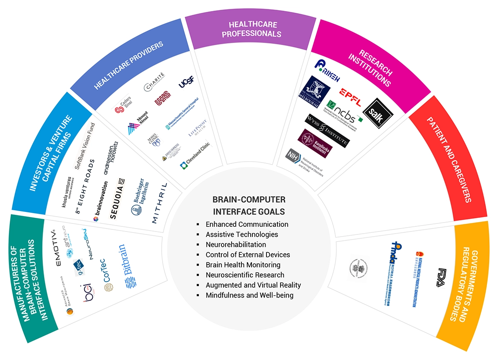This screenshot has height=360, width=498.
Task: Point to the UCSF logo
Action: pyautogui.click(x=186, y=81)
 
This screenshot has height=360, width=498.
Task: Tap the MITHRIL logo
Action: pyautogui.click(x=160, y=203)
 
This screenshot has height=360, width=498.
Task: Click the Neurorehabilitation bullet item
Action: pyautogui.click(x=235, y=244)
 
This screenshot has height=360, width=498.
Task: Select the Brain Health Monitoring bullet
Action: pyautogui.click(x=243, y=265)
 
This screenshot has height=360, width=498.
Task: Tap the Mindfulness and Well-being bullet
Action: pyautogui.click(x=249, y=295)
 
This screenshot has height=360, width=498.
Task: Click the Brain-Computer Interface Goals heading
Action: pyautogui.click(x=249, y=206)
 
